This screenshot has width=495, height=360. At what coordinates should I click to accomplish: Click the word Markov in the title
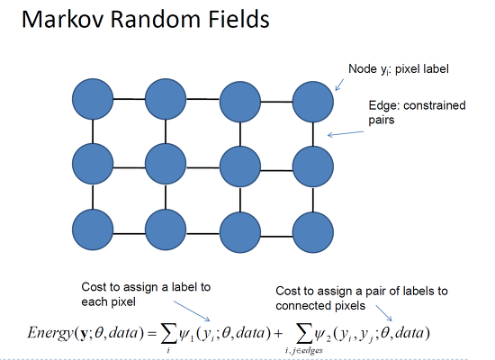click(63, 19)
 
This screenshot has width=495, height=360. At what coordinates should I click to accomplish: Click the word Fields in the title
click(238, 19)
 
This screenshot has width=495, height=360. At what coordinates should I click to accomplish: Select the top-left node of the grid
click(93, 99)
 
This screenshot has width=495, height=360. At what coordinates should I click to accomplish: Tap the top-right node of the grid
click(313, 102)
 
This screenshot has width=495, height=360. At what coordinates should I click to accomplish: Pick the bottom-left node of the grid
click(93, 229)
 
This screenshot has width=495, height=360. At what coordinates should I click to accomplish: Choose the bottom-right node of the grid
click(313, 232)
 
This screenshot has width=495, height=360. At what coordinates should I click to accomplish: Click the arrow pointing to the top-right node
click(339, 85)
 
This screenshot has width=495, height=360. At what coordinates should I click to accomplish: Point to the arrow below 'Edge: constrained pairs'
click(346, 133)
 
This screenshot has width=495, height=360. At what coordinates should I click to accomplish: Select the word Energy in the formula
click(50, 333)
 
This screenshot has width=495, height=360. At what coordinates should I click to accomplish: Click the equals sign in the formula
click(151, 334)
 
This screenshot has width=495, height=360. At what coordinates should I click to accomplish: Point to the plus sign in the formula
click(278, 334)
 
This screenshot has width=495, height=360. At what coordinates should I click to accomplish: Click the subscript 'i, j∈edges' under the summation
click(304, 350)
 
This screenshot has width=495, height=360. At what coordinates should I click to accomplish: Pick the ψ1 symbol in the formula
click(185, 334)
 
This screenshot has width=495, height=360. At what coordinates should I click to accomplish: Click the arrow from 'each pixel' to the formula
click(192, 311)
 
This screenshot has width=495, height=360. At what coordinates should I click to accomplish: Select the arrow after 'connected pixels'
click(384, 312)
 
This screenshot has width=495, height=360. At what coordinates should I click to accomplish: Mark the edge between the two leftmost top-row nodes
click(129, 99)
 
